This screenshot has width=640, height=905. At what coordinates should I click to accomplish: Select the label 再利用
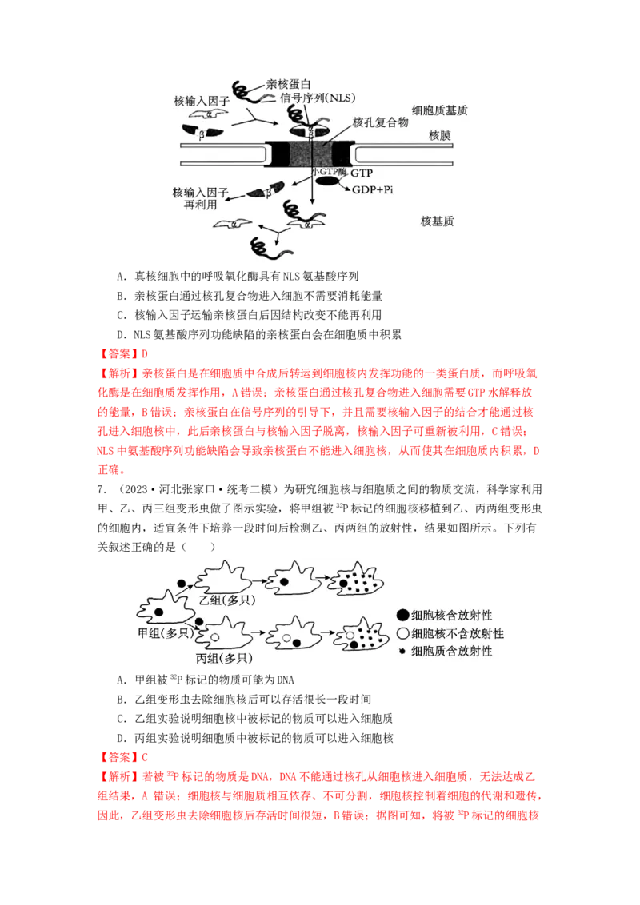tap(201, 205)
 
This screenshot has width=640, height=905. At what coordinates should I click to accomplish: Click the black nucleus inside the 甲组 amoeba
tap(159, 612)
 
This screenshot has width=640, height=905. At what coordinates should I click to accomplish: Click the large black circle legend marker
tap(402, 615)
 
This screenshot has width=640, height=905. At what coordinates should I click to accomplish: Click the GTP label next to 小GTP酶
tap(362, 173)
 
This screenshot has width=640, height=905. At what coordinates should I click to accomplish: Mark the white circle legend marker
tap(402, 633)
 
